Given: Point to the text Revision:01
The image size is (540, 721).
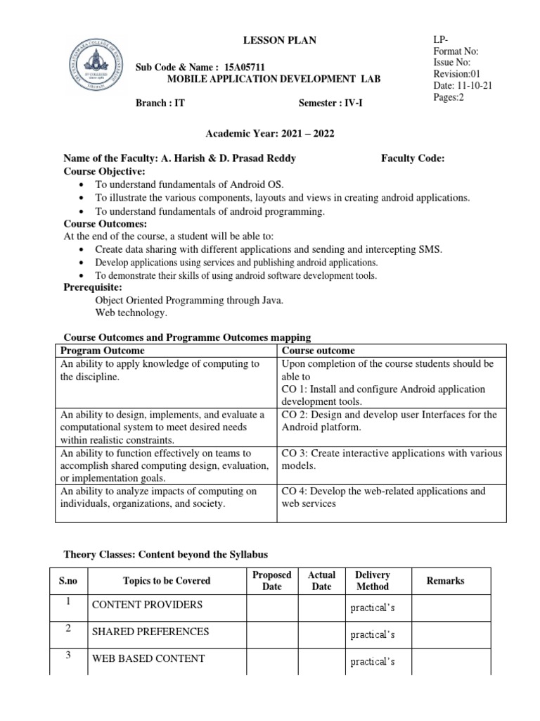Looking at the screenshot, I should click(x=457, y=74).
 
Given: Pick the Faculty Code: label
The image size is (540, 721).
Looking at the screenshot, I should click(x=412, y=158).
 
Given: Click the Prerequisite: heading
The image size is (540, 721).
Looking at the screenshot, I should click(x=94, y=287).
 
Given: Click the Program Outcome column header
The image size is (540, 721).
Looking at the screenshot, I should click(x=103, y=351).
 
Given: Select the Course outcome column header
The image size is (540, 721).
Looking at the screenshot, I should click(x=319, y=351).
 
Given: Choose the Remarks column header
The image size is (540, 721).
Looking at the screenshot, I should click(x=445, y=581).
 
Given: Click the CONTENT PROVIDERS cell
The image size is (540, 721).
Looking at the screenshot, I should click(x=147, y=605).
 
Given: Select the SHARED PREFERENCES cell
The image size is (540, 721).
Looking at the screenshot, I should click(x=150, y=632).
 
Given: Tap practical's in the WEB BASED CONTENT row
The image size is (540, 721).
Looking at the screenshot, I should click(x=372, y=662).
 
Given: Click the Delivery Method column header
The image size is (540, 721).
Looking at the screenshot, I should click(x=372, y=581).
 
